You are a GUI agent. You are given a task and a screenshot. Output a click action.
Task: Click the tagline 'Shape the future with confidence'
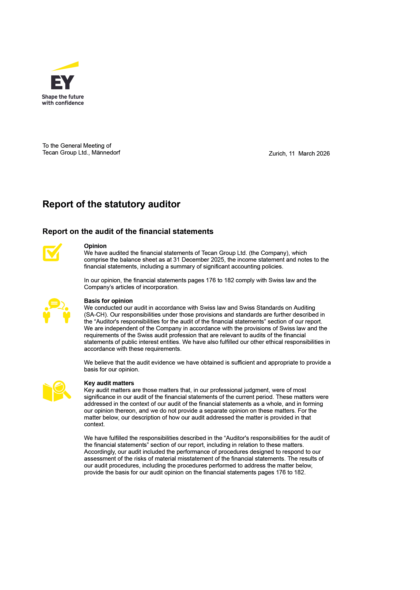[x=63, y=100]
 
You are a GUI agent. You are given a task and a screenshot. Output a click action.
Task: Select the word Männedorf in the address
[x=106, y=153]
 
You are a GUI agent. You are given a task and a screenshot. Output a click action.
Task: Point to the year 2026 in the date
[x=323, y=154]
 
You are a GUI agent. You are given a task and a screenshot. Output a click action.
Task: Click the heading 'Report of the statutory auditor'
[x=111, y=204]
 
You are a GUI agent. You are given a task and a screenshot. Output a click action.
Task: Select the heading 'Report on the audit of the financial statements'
[x=128, y=231]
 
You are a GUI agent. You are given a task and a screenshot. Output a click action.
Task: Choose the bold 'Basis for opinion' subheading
[x=108, y=301]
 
